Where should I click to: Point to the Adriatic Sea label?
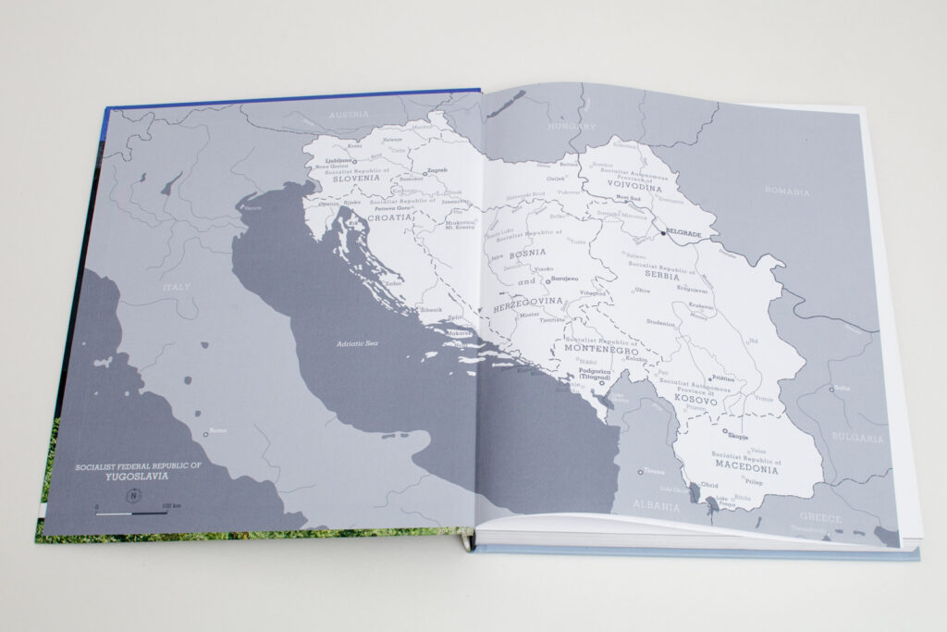point(358,344)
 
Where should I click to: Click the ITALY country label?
point(176,288)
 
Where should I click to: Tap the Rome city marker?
point(206,433)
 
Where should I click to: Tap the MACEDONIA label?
point(746,468)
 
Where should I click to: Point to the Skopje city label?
point(736,435)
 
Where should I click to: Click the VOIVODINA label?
point(635,186)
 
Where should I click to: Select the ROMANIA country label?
point(787,192)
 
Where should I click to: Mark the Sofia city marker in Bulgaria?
point(831,390)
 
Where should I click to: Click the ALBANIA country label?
point(656,506)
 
